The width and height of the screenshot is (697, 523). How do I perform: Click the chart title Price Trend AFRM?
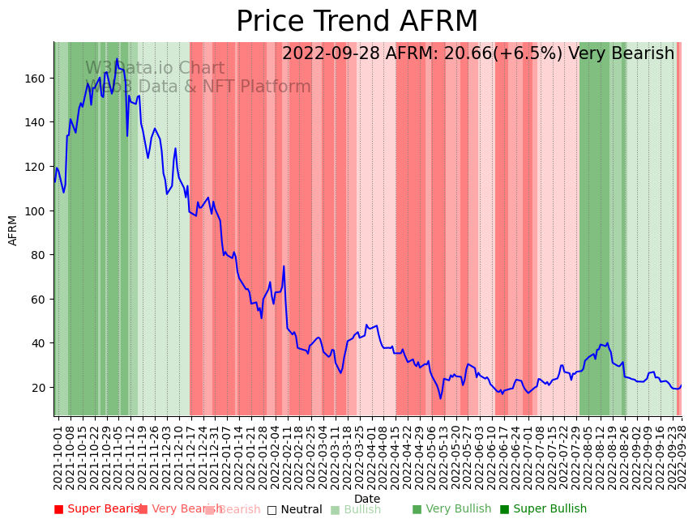click(x=357, y=22)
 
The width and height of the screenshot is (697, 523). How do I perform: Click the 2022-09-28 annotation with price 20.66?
click(x=478, y=54)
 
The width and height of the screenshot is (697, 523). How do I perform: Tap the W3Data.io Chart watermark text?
click(x=155, y=69)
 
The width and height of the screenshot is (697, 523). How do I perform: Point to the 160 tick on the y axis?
click(x=38, y=79)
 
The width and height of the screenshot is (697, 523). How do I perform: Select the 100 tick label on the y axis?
click(x=38, y=210)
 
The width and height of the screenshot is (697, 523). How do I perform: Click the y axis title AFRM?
click(x=13, y=230)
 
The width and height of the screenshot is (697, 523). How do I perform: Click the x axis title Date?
click(x=367, y=499)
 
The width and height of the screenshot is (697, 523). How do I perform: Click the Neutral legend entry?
click(x=295, y=509)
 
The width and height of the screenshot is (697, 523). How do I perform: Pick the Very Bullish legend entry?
click(x=451, y=509)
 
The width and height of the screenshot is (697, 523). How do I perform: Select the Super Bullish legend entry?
click(x=543, y=509)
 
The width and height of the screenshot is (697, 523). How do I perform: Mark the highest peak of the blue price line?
click(x=117, y=59)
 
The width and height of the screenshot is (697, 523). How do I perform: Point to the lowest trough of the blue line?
click(x=441, y=398)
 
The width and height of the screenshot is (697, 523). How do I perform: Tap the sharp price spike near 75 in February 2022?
click(x=284, y=266)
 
